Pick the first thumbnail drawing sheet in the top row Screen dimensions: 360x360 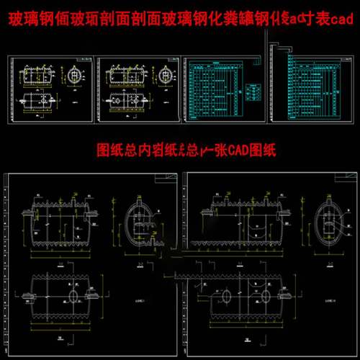(50, 89)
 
